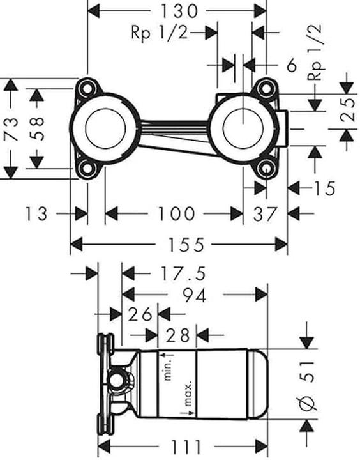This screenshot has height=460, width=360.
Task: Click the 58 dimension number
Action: click(38, 128)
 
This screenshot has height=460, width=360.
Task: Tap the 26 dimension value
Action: click(140, 314)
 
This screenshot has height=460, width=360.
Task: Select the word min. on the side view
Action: click(170, 369)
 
